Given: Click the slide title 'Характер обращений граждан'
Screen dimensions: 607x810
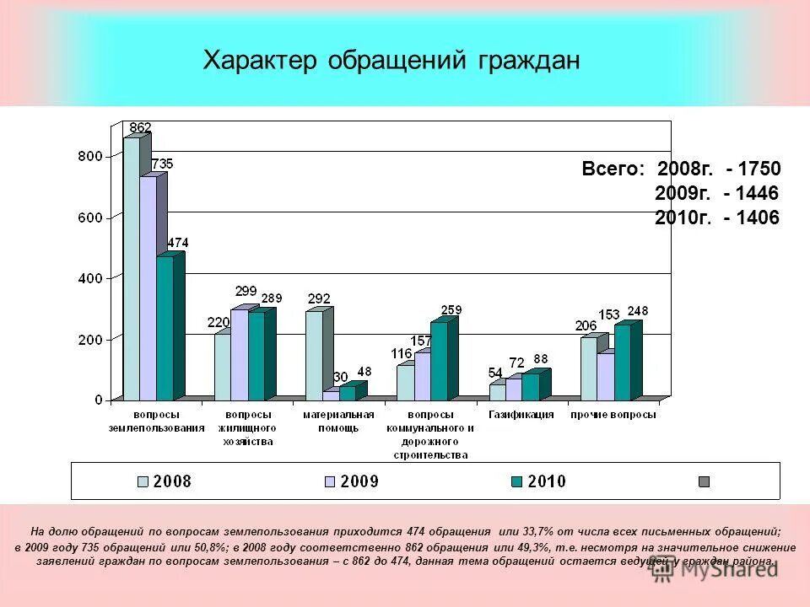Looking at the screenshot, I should pos(391,61).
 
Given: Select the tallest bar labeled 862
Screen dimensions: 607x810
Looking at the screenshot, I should pos(132,270).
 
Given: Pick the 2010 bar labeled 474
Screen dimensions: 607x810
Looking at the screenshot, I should pos(165,329).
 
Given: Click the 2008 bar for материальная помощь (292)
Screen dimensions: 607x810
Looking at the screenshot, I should pos(314,354).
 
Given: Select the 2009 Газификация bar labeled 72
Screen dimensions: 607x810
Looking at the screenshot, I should pos(514,389).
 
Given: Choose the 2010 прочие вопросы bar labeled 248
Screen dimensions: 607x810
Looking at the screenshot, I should pos(622,363).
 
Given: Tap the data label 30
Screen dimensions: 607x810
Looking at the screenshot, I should pos(340,377).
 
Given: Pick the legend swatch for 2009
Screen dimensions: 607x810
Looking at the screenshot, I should pos(330,481).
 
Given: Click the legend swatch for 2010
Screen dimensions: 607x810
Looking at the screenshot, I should pos(516,481).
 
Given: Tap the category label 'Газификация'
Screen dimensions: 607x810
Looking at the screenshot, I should pos(521,415).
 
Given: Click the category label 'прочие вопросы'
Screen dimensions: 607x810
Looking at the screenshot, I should pos(613,415).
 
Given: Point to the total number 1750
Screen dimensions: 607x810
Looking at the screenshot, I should pos(759,169).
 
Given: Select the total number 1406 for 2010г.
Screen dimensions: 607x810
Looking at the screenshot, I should pos(759,218).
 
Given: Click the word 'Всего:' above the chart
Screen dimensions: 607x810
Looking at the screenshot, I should pos(613,169).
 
